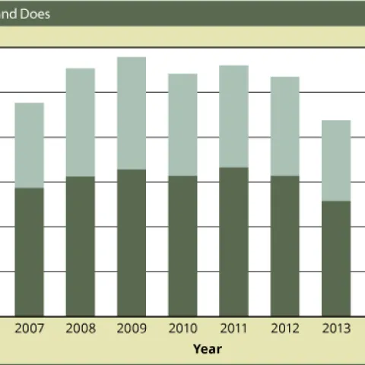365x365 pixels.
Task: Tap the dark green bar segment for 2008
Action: [80, 246]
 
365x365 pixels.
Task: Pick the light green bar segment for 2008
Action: [80, 122]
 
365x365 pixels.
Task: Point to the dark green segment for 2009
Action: [132, 242]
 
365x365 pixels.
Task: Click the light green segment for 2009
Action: [132, 113]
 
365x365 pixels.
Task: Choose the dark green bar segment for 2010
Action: [182, 245]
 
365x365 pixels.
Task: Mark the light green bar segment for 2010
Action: [182, 124]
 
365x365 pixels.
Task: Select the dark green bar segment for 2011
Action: [233, 241]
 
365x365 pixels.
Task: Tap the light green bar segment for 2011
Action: [233, 116]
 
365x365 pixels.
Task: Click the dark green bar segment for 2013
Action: [336, 258]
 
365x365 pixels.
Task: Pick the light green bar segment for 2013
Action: [336, 160]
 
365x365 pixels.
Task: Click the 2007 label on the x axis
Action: [29, 328]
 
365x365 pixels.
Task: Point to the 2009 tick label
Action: [132, 328]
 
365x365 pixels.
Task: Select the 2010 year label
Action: [182, 328]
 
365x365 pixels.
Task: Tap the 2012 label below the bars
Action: [284, 328]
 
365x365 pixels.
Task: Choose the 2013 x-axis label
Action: [336, 328]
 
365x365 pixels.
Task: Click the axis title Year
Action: [207, 349]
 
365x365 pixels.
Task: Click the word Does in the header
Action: [34, 14]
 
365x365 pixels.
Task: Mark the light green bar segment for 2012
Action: [284, 125]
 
